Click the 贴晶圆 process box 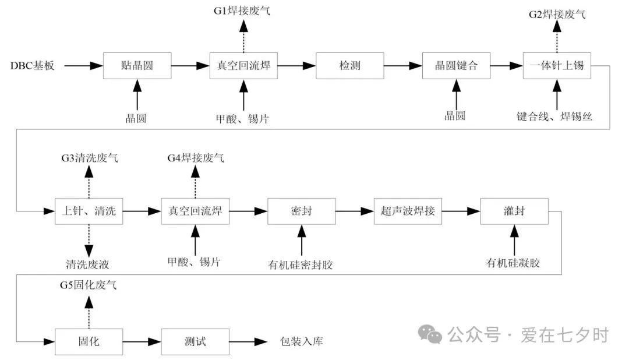click(x=137, y=66)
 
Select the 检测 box click(x=350, y=66)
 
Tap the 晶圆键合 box click(x=456, y=66)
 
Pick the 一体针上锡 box click(x=557, y=66)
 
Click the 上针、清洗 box click(x=89, y=211)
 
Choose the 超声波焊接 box click(x=408, y=211)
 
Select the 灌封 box click(x=514, y=211)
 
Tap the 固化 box click(x=89, y=341)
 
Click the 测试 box click(x=195, y=341)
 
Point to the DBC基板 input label click(x=33, y=66)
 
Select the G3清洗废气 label click(x=89, y=158)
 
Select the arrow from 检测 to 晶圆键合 click(x=403, y=66)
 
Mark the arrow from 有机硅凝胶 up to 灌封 click(x=514, y=239)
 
